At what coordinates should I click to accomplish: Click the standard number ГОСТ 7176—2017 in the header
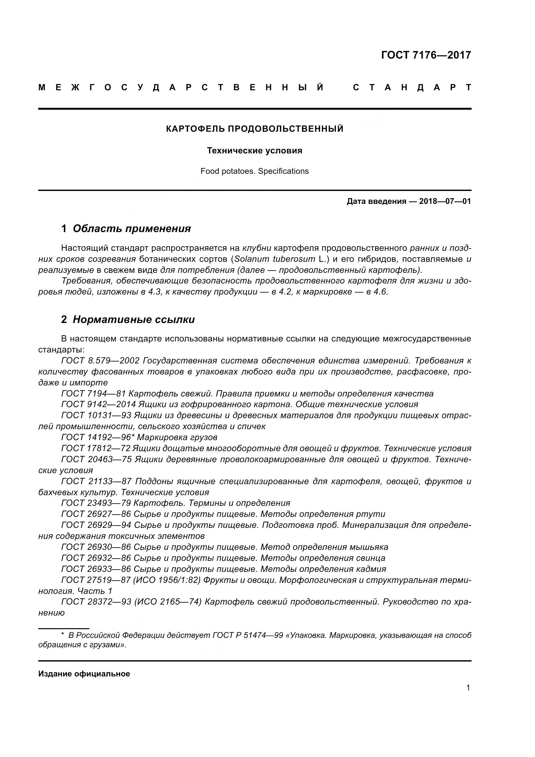click(x=426, y=55)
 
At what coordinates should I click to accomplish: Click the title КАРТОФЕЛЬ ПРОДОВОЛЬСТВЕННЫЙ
click(x=254, y=129)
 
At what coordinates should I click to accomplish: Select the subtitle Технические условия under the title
click(x=254, y=151)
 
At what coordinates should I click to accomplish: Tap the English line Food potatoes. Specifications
click(x=254, y=171)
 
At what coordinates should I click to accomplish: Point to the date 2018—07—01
click(x=445, y=201)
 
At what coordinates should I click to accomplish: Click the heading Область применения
click(x=131, y=228)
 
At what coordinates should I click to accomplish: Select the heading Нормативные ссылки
click(x=133, y=319)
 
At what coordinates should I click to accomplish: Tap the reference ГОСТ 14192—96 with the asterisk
click(x=96, y=438)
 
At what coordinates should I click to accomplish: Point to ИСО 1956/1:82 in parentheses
click(x=167, y=580)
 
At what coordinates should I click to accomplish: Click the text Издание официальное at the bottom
click(x=84, y=674)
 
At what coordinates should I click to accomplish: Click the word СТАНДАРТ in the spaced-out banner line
click(x=412, y=88)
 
